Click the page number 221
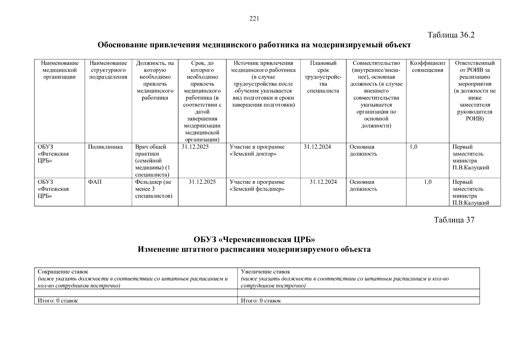coord(254,19)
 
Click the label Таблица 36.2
coord(451,35)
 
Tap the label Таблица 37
coord(454,220)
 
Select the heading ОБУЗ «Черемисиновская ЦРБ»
coord(254,240)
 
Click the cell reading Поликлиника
coord(106,147)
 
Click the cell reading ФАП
coord(95,182)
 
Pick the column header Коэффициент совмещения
coord(427,67)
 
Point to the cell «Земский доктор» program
coord(257,150)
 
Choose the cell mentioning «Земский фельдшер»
coord(257,186)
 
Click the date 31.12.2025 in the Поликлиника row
coord(195,147)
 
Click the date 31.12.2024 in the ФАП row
coord(323,182)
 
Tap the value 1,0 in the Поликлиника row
coord(413,147)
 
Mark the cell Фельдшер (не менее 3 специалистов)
coord(154,189)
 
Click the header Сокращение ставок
coord(63,272)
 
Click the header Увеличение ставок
coord(265,272)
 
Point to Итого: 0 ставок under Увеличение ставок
coord(261,301)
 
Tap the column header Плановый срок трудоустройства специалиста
coord(323,77)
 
